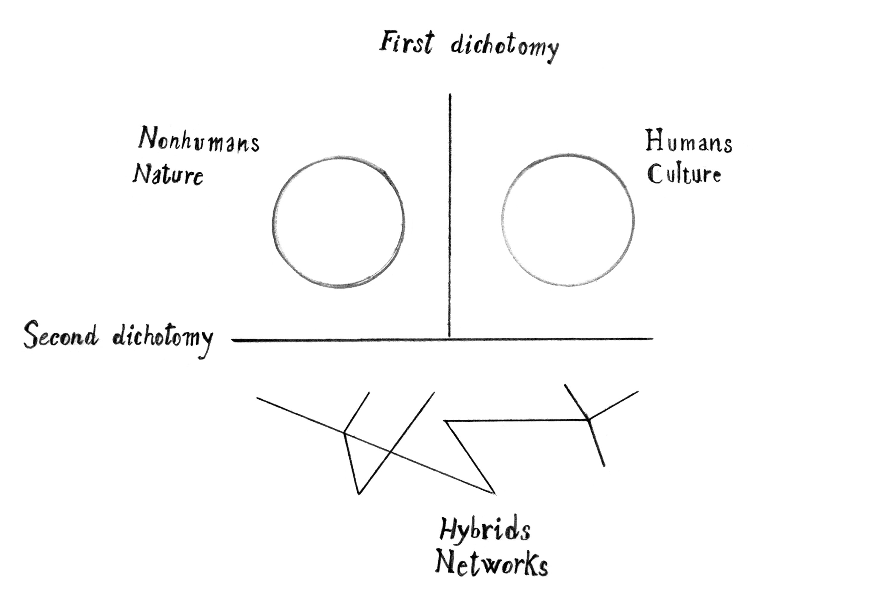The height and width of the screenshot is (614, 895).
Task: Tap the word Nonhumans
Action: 199,140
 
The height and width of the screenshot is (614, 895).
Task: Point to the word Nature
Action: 168,175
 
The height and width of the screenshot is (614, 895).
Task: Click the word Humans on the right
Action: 688,143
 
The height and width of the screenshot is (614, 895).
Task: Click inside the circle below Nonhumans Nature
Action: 338,222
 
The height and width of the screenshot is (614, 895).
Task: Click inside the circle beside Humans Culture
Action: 568,221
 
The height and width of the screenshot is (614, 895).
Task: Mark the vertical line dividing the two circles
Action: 449,215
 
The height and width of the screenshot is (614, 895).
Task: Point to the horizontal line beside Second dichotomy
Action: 443,339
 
